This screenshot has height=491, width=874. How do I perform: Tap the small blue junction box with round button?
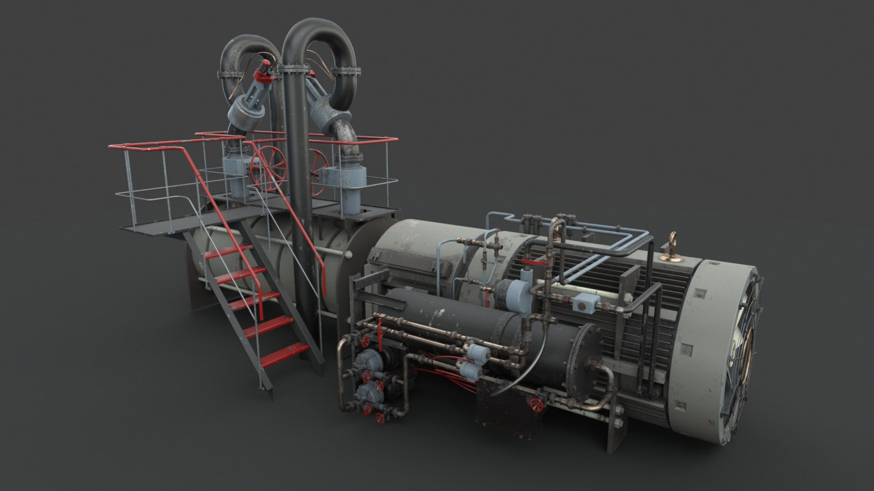(586, 303)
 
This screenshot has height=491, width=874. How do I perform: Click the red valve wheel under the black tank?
(537, 405)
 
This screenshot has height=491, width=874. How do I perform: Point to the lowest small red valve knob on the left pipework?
(380, 418)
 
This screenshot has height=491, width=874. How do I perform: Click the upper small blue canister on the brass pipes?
(477, 353)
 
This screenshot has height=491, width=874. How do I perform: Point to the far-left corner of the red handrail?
(111, 147)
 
